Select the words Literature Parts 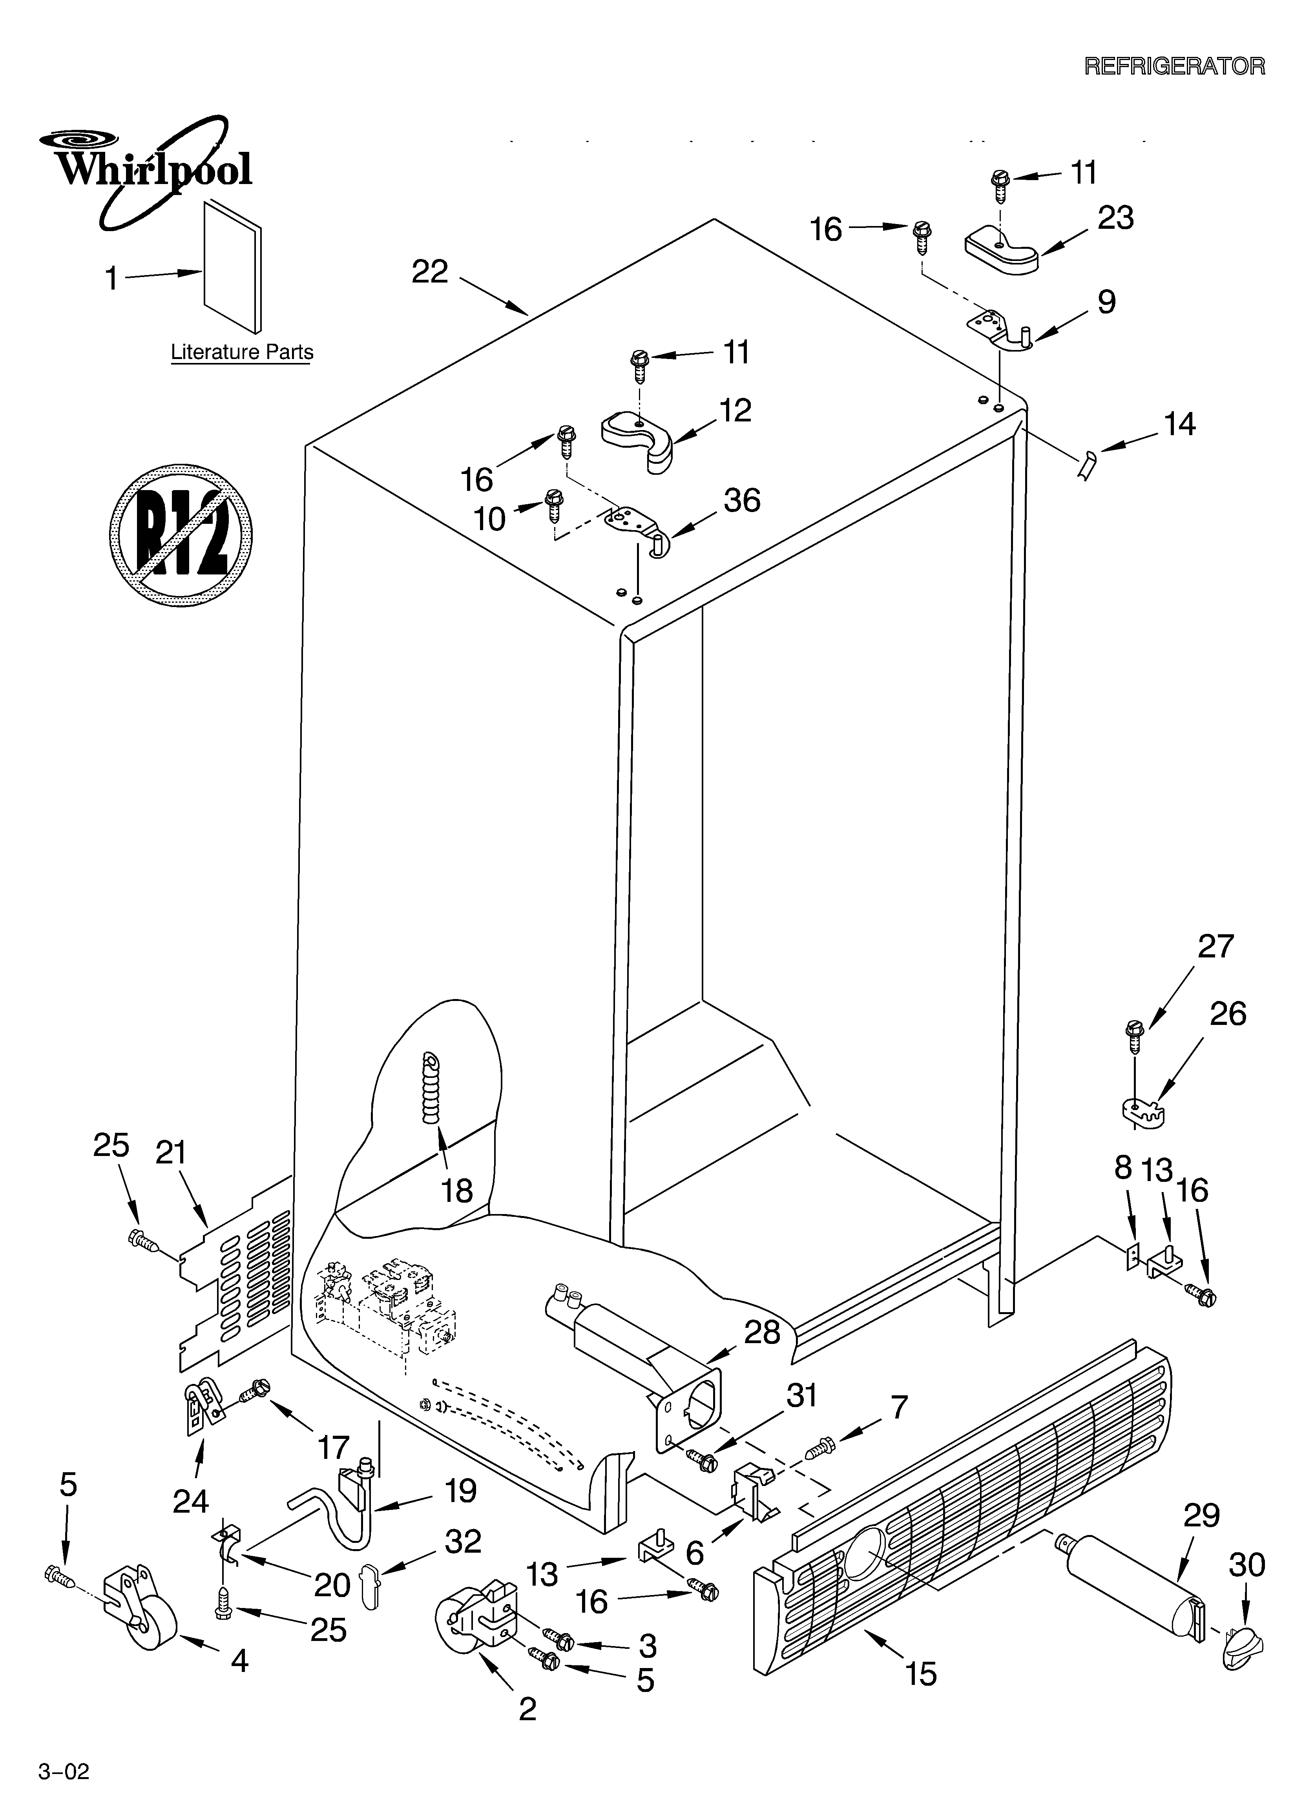pos(242,352)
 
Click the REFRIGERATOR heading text pos(1174,66)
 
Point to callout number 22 pos(430,273)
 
